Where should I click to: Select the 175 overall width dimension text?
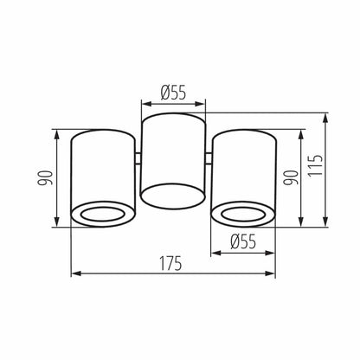(170, 263)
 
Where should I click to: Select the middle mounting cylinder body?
(172, 156)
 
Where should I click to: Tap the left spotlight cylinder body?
(101, 169)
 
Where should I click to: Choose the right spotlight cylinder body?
(243, 169)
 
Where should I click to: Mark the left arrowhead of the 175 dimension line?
(74, 274)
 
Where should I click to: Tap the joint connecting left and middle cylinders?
(137, 158)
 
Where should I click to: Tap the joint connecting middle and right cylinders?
(208, 158)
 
